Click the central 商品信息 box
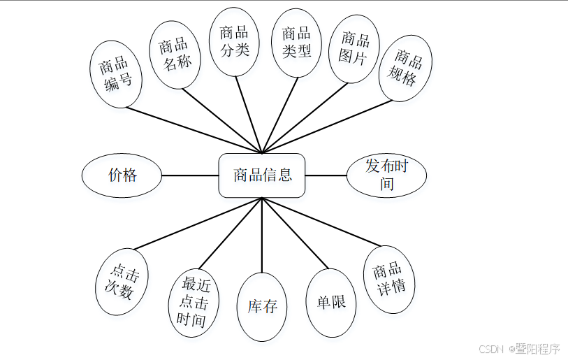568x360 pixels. pos(262,175)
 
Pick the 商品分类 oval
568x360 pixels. pos(234,41)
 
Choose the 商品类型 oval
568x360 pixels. pos(296,42)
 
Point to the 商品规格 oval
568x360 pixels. pos(405,68)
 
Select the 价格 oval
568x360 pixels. pos(123,175)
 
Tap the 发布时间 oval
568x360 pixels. pos(387,175)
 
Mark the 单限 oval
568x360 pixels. pos(331,303)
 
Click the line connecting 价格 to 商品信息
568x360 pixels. pos(191,175)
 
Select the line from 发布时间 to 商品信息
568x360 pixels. pos(326,175)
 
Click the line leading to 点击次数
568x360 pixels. pos(198,224)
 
